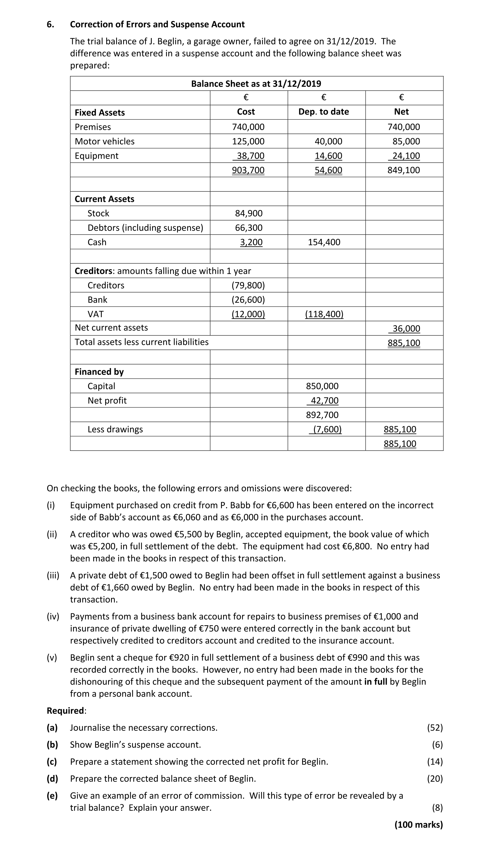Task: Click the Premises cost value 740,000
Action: click(248, 127)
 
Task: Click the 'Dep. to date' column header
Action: click(323, 112)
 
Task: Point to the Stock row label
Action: click(98, 213)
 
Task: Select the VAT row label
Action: click(96, 314)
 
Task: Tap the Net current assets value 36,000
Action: click(406, 329)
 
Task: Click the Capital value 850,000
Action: click(322, 386)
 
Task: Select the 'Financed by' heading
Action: click(99, 372)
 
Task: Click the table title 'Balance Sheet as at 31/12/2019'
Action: click(256, 83)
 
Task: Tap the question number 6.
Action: click(50, 24)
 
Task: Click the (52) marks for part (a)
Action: click(435, 728)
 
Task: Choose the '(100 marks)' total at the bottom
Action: click(418, 824)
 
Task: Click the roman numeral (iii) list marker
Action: click(53, 575)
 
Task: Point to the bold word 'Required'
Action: click(65, 710)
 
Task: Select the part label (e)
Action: click(52, 795)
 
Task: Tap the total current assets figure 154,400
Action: click(324, 242)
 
